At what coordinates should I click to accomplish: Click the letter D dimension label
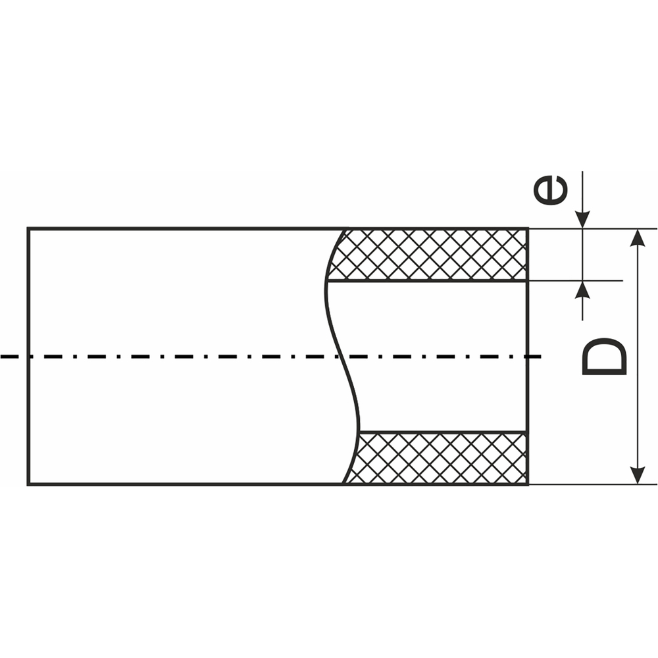(x=605, y=357)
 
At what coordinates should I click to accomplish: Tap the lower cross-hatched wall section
(x=441, y=458)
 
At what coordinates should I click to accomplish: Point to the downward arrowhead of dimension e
(x=582, y=220)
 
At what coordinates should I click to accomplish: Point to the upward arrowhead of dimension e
(x=582, y=290)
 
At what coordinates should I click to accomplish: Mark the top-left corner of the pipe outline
(x=28, y=229)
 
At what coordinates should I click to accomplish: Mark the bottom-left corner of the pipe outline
(x=28, y=484)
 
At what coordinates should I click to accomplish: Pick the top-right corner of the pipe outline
(x=528, y=229)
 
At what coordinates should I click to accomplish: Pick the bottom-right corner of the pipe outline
(x=528, y=484)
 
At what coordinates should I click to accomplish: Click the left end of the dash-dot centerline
(x=3, y=357)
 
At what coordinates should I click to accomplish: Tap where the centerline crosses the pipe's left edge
(x=28, y=357)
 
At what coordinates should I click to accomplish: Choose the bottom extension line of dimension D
(x=592, y=484)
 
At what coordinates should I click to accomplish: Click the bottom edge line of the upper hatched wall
(x=428, y=280)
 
